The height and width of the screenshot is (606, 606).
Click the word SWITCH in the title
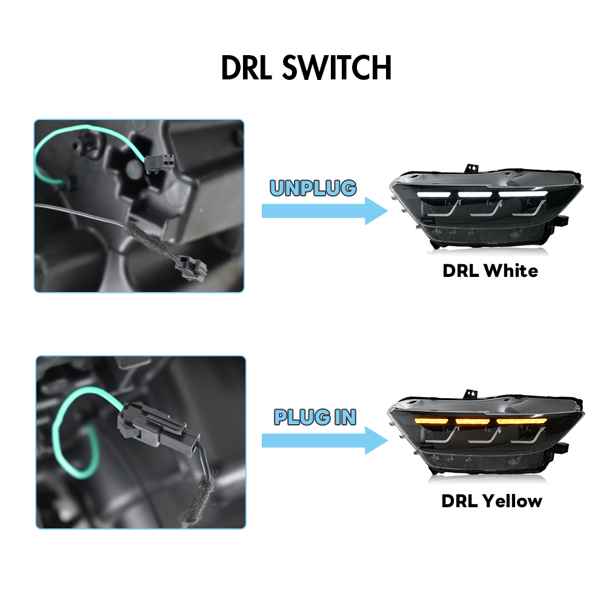click(337, 68)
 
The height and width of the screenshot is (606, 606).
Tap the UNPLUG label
click(313, 188)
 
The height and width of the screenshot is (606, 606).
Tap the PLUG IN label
click(315, 417)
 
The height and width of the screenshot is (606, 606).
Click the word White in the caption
click(510, 270)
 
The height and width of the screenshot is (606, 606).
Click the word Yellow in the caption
click(513, 501)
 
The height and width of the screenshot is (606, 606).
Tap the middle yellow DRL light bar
click(473, 421)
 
